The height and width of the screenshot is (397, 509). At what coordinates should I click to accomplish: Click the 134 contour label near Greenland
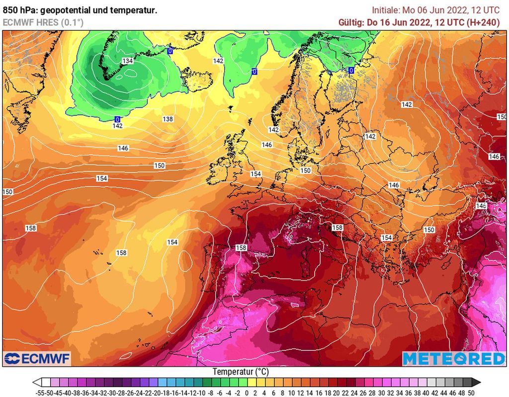pyautogui.click(x=128, y=61)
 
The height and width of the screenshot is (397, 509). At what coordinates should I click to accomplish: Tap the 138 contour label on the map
pyautogui.click(x=168, y=119)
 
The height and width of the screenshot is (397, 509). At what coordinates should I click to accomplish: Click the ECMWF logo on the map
pyautogui.click(x=37, y=358)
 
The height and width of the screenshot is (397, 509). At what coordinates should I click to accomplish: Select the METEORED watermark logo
pyautogui.click(x=453, y=359)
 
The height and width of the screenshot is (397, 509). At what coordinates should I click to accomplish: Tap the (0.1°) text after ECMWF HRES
pyautogui.click(x=73, y=22)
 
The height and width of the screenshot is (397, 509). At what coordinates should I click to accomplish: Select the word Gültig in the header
pyautogui.click(x=350, y=22)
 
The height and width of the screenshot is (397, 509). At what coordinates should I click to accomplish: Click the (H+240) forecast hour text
pyautogui.click(x=483, y=22)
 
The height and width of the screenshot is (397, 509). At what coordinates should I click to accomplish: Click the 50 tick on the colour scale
pyautogui.click(x=471, y=393)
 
